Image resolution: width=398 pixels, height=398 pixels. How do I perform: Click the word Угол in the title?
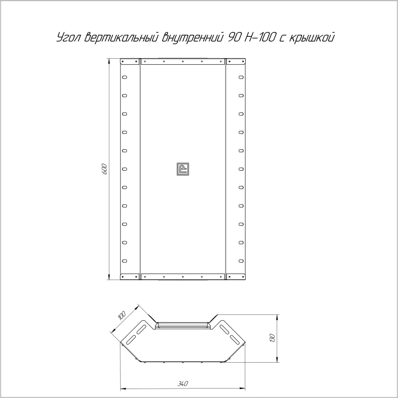coord(68,38)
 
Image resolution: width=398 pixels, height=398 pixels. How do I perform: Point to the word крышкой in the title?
coord(312,37)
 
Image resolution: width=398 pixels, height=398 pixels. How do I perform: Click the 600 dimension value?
coord(104,169)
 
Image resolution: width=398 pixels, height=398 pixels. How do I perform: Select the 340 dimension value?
coord(183,384)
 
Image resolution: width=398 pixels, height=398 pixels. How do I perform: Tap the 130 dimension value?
coord(272,338)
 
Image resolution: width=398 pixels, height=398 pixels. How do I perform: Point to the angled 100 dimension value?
coord(122,315)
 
